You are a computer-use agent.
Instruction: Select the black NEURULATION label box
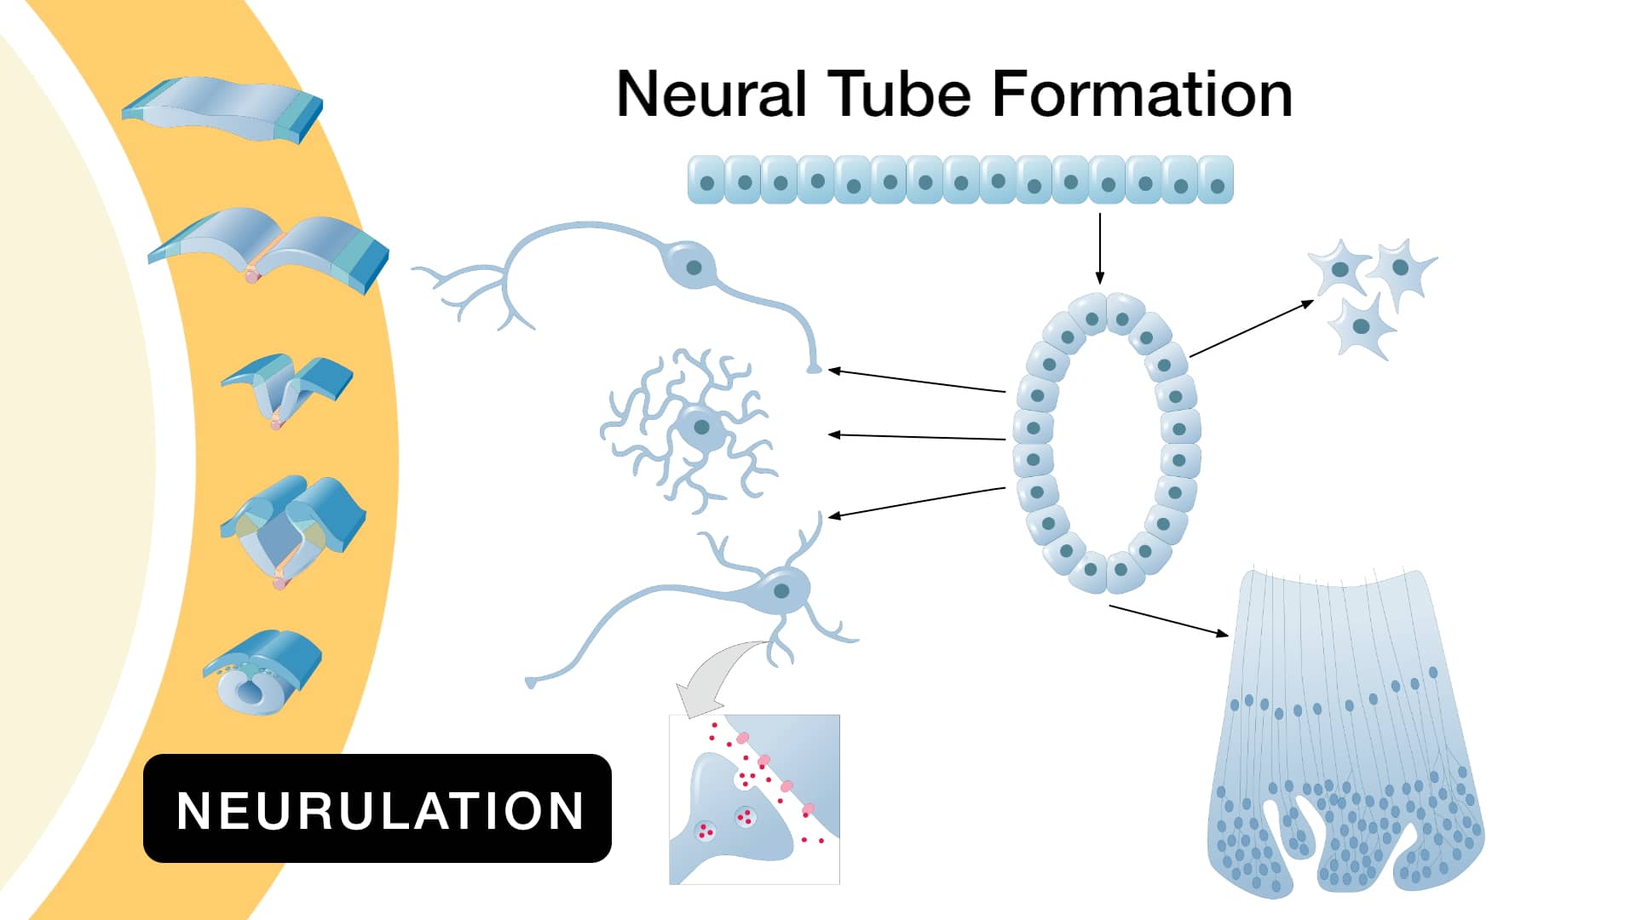pos(377,808)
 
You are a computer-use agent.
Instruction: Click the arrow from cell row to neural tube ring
pos(1099,247)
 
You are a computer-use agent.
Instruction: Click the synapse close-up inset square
pos(754,799)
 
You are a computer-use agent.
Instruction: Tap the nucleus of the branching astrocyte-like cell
pos(701,427)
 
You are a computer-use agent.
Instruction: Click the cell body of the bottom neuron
pos(780,589)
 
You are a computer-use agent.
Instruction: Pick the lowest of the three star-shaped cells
pos(1362,327)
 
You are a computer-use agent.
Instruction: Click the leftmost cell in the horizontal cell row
pos(706,181)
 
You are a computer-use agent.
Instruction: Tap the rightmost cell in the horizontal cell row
pos(1216,181)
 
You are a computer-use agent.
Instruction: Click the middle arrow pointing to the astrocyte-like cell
pos(917,437)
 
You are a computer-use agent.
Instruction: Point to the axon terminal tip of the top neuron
pos(815,369)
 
